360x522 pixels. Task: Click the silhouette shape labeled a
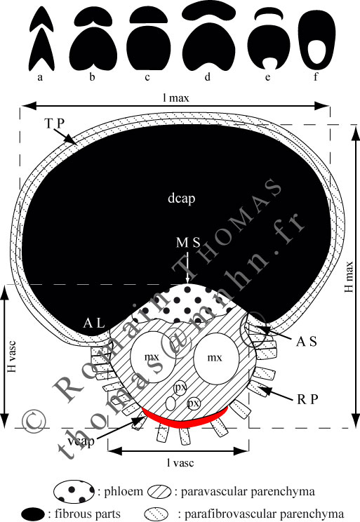42,50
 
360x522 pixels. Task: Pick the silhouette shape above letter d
208,50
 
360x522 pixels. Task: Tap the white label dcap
182,199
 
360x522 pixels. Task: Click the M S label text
188,243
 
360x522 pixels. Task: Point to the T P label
54,123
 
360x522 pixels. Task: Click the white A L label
94,323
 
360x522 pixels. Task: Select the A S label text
307,342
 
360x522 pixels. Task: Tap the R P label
307,399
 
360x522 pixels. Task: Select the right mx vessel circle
216,358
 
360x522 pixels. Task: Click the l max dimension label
176,98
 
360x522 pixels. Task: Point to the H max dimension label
348,276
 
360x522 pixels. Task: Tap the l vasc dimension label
180,463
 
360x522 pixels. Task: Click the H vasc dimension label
12,356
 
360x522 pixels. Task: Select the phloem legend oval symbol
74,491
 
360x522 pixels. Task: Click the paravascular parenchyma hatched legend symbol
159,492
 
